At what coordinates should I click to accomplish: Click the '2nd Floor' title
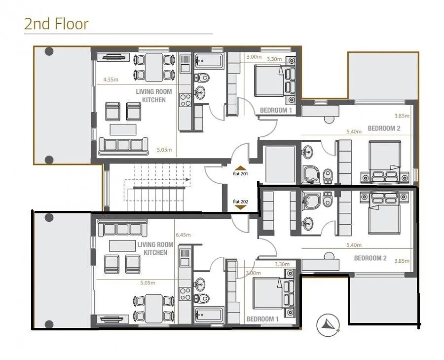(x=56, y=24)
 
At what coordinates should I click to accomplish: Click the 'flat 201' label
(x=240, y=173)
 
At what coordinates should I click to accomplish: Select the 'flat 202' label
(x=240, y=201)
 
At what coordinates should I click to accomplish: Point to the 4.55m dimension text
(x=111, y=80)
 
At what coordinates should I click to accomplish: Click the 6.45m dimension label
(x=183, y=235)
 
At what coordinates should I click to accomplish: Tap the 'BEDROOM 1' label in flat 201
(x=276, y=110)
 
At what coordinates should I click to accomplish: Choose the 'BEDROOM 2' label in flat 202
(x=370, y=258)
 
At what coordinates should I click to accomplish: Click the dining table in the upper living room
(x=154, y=68)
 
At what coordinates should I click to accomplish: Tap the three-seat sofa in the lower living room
(x=123, y=228)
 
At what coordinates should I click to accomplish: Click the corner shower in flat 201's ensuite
(x=311, y=174)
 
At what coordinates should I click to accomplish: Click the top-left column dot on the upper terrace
(x=49, y=51)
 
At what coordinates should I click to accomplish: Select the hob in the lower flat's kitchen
(x=185, y=294)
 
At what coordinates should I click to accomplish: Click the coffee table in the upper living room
(x=123, y=129)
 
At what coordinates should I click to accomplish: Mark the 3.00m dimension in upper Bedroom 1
(x=254, y=57)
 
